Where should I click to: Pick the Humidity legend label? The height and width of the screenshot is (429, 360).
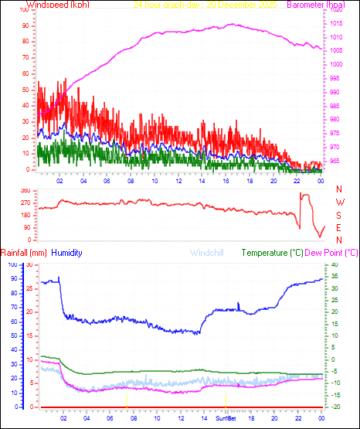67,253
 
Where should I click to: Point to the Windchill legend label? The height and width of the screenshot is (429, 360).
207,253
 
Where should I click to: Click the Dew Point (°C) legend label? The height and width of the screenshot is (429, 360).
331,253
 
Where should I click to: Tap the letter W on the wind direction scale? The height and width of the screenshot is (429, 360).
338,203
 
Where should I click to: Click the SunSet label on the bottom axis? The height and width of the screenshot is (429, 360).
226,417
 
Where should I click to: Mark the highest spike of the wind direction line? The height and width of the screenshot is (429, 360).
304,193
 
